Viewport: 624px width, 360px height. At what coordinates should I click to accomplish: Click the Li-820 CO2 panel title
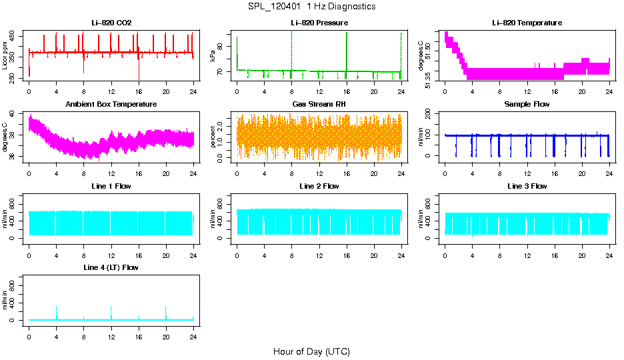pos(111,23)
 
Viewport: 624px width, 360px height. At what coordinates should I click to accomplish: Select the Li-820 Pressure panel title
pos(319,23)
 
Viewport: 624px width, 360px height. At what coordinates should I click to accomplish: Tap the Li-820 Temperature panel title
pos(527,23)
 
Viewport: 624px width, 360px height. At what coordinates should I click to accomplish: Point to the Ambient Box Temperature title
pos(111,105)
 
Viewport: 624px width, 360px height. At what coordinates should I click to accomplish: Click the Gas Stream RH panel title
pos(319,105)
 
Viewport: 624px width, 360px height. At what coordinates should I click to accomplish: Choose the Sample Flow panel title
pos(527,105)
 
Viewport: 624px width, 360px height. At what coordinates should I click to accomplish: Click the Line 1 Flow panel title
pos(111,186)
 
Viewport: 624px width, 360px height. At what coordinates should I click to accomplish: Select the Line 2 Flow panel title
pos(319,186)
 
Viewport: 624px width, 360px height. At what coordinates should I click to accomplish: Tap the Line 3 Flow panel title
pos(527,186)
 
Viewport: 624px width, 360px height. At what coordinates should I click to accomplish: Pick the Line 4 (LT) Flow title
pos(111,267)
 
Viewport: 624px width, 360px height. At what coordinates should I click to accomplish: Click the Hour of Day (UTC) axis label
pos(311,351)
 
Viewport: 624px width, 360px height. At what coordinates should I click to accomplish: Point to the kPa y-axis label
pos(213,56)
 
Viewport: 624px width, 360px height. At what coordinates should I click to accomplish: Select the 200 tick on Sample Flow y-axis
pos(431,115)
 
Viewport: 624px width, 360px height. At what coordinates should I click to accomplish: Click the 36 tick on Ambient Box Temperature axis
pos(15,156)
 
